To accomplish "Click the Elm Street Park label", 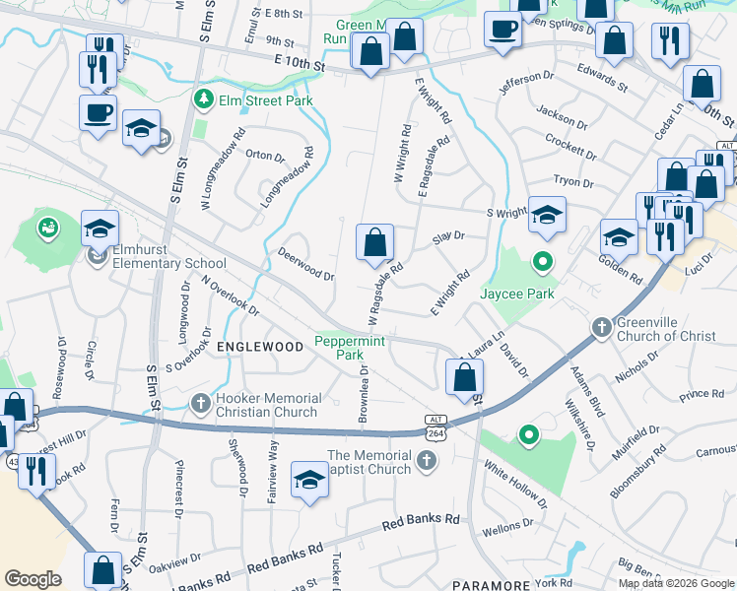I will pos(266,100).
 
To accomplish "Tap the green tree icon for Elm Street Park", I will pos(204,98).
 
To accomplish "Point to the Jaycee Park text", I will pos(516,294).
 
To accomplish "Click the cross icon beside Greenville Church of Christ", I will pos(601,326).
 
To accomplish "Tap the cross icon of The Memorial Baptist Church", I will pos(426,459).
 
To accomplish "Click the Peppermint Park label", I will pos(349,347).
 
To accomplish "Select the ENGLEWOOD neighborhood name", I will pos(260,348).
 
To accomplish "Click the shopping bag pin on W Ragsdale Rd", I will pos(374,242).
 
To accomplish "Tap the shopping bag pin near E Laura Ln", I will pos(464,376).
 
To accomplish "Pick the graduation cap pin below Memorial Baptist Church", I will pos(309,481).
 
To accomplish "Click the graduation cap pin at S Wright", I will pos(546,215).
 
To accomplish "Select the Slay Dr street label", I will pos(448,236).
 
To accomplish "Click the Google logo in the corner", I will pos(33,579).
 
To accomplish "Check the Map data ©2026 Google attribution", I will pos(676,583).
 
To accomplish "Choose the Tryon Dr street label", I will pos(573,182).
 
